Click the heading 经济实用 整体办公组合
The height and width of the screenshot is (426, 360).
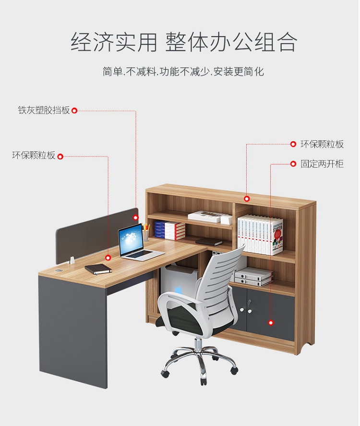184,42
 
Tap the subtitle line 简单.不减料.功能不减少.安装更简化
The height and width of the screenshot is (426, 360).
183,72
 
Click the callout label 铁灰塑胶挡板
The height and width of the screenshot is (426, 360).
44,110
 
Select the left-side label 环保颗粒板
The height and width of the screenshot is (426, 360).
34,156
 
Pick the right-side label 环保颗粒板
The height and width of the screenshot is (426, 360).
322,144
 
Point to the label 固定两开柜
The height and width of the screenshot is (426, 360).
322,164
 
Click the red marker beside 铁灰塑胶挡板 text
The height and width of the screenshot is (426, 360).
74,110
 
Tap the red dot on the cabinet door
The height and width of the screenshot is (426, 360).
271,323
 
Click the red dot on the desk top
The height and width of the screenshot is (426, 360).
108,257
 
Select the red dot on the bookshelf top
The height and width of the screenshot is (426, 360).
247,199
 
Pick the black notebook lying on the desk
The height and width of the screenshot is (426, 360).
98,268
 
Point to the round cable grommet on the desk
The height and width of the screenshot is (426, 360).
59,271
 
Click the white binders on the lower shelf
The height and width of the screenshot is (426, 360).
253,277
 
